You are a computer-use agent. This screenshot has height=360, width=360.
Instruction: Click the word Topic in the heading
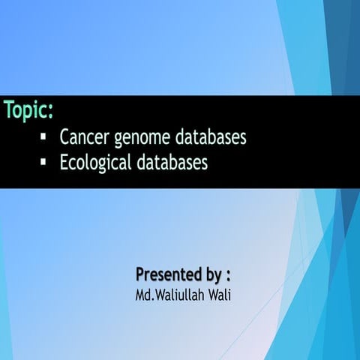click(27, 110)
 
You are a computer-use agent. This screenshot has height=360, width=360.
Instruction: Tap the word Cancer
click(83, 138)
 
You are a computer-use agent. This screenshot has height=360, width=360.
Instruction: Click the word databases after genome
click(211, 138)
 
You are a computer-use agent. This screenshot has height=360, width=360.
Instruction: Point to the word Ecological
click(95, 162)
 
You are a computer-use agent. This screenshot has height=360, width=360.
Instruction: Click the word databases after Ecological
click(172, 161)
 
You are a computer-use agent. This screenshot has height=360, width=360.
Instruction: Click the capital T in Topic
click(8, 110)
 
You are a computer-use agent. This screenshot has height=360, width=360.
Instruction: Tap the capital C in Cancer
click(64, 138)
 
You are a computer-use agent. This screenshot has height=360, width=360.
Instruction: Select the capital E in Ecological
click(63, 161)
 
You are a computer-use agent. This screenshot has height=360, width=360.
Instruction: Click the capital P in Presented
click(141, 271)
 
